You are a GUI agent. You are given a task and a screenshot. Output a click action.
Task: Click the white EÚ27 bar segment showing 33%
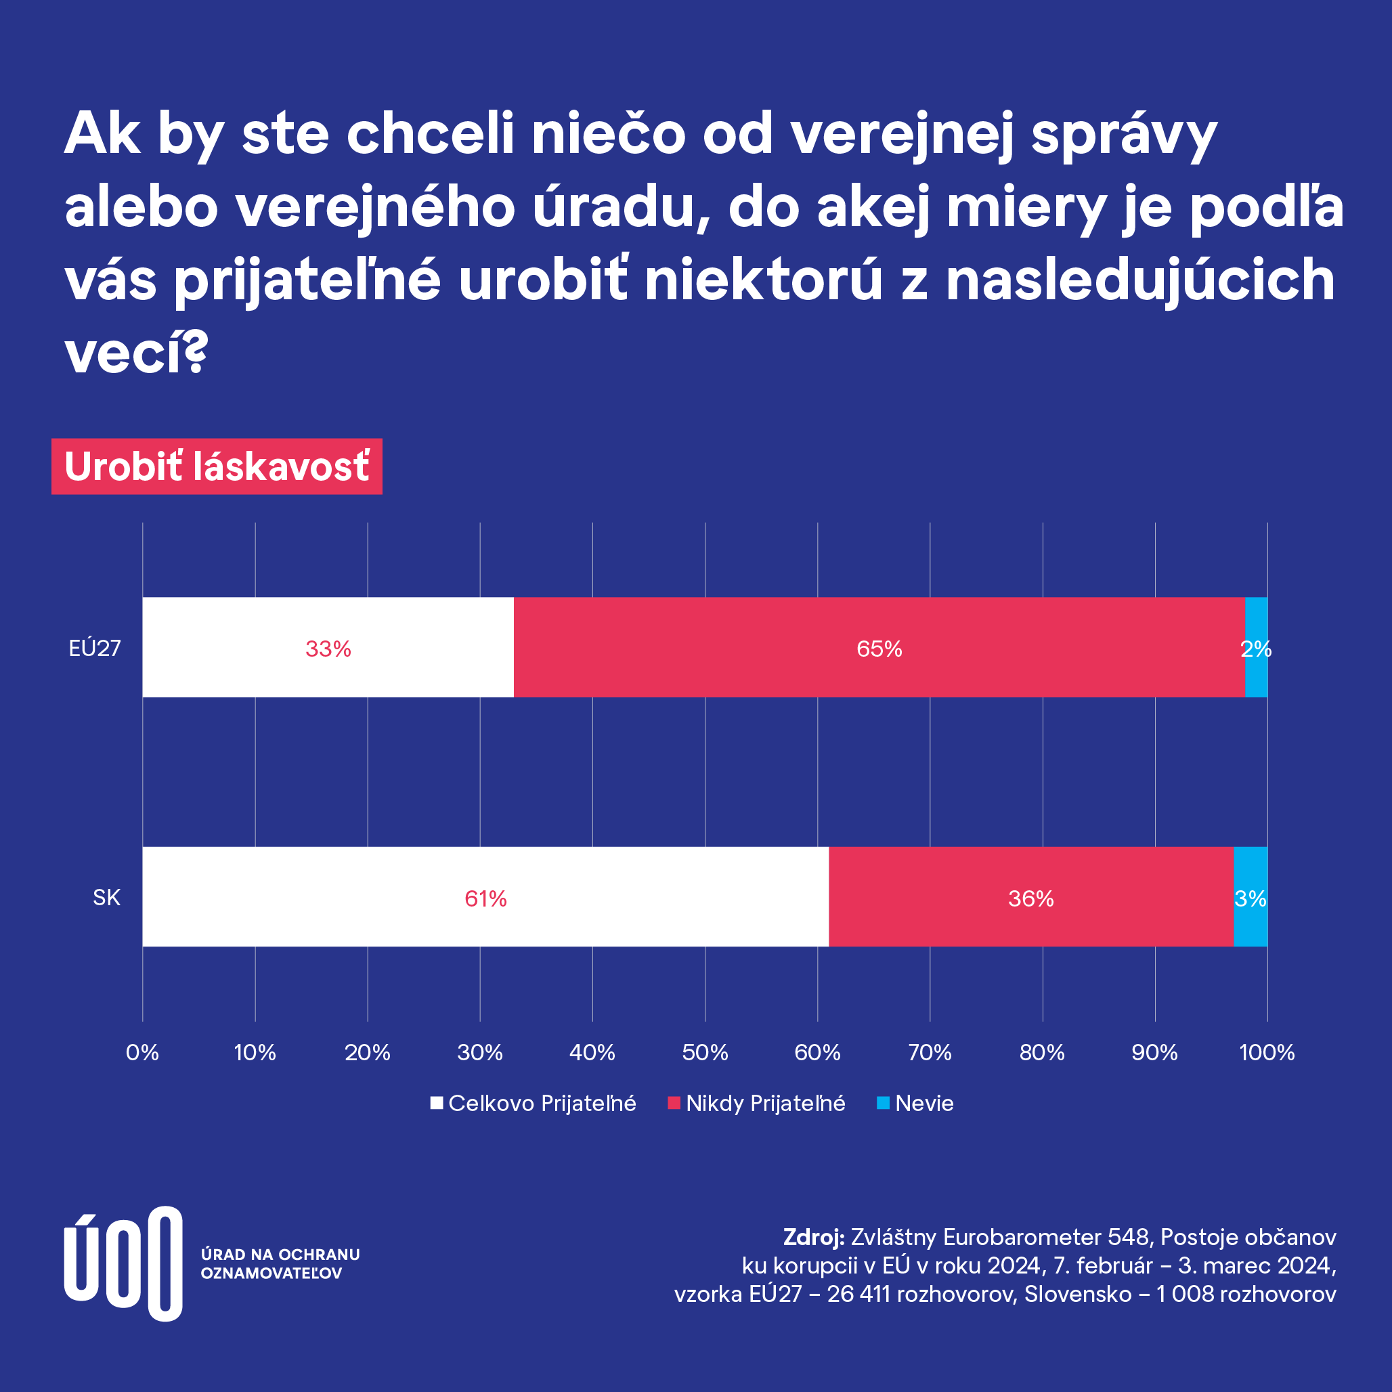(x=328, y=647)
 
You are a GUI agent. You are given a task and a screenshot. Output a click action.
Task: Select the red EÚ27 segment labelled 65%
(x=879, y=647)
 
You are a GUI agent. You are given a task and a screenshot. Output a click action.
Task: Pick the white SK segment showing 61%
(x=485, y=897)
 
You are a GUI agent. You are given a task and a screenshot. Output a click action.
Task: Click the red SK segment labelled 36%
(x=1030, y=897)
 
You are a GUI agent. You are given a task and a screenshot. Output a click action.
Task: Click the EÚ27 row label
(x=94, y=649)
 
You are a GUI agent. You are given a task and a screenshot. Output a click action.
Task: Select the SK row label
(x=106, y=898)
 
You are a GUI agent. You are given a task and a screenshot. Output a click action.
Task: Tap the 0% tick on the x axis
(x=142, y=1053)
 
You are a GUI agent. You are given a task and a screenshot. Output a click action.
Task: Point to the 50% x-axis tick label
(x=705, y=1053)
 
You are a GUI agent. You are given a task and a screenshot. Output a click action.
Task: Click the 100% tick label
(x=1267, y=1053)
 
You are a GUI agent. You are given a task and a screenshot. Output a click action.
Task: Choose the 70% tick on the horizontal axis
(x=930, y=1053)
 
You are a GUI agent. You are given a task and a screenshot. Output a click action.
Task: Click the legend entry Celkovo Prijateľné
(x=533, y=1103)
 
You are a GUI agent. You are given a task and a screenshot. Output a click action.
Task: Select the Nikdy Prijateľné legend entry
(x=756, y=1103)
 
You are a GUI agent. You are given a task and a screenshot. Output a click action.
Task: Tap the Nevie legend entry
(x=915, y=1103)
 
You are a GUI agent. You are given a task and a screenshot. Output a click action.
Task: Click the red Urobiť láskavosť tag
(x=217, y=466)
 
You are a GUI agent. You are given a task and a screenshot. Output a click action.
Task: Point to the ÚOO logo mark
(x=123, y=1263)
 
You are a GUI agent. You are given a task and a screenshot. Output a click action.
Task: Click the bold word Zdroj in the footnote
(x=813, y=1237)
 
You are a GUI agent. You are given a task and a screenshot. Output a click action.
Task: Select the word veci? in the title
(x=137, y=353)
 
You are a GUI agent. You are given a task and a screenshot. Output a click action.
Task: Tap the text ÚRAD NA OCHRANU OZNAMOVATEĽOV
(x=280, y=1264)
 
